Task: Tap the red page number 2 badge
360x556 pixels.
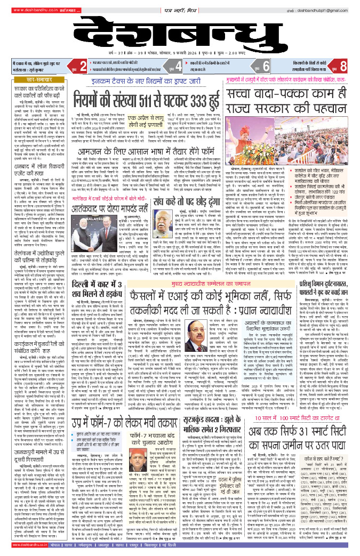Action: click(x=83, y=67)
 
